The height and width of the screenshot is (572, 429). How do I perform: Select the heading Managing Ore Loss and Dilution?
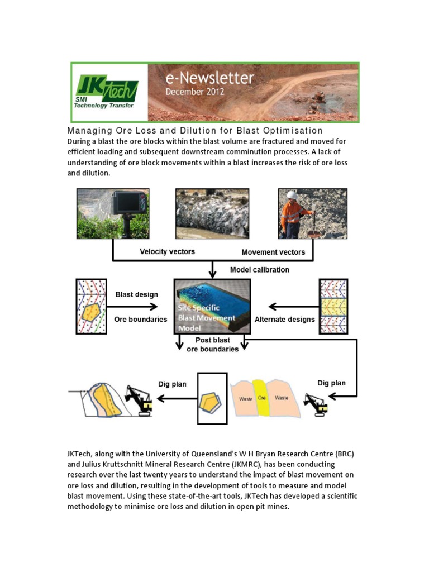click(x=195, y=131)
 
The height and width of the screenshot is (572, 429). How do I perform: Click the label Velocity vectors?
click(x=167, y=252)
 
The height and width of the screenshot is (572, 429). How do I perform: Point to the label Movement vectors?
click(x=273, y=252)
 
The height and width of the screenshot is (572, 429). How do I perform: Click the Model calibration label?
click(x=260, y=270)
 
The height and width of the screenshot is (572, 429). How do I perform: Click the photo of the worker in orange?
click(x=313, y=214)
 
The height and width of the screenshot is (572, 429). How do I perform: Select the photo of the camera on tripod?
click(x=112, y=214)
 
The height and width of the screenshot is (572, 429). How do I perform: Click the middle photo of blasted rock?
click(x=212, y=214)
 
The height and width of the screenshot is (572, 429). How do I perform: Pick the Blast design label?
click(x=136, y=294)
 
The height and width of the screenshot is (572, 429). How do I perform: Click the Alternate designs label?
click(x=285, y=320)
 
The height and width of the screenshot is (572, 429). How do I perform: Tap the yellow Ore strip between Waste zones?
click(x=261, y=398)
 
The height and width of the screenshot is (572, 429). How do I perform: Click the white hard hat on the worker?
click(x=291, y=196)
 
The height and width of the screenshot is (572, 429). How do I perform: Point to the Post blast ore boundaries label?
click(x=212, y=345)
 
